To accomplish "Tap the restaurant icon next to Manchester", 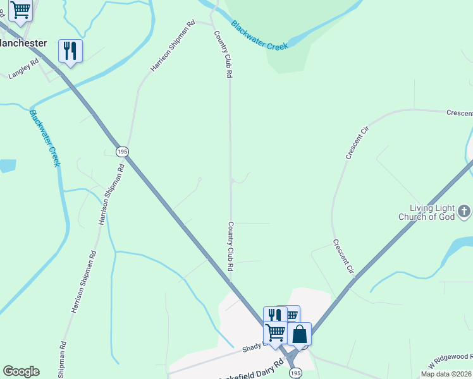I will (x=70, y=50).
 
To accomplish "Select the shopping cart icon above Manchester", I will (x=20, y=10).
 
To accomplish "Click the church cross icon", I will (x=464, y=211).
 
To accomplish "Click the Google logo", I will (x=21, y=371).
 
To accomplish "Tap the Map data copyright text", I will (x=446, y=374).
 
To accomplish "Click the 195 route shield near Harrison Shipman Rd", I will (x=123, y=152).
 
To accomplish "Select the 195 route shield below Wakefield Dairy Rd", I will (x=295, y=373).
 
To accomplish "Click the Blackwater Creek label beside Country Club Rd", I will (x=259, y=35).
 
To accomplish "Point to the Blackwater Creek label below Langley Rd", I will (x=45, y=138).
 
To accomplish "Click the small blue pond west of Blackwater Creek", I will (x=6, y=166).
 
